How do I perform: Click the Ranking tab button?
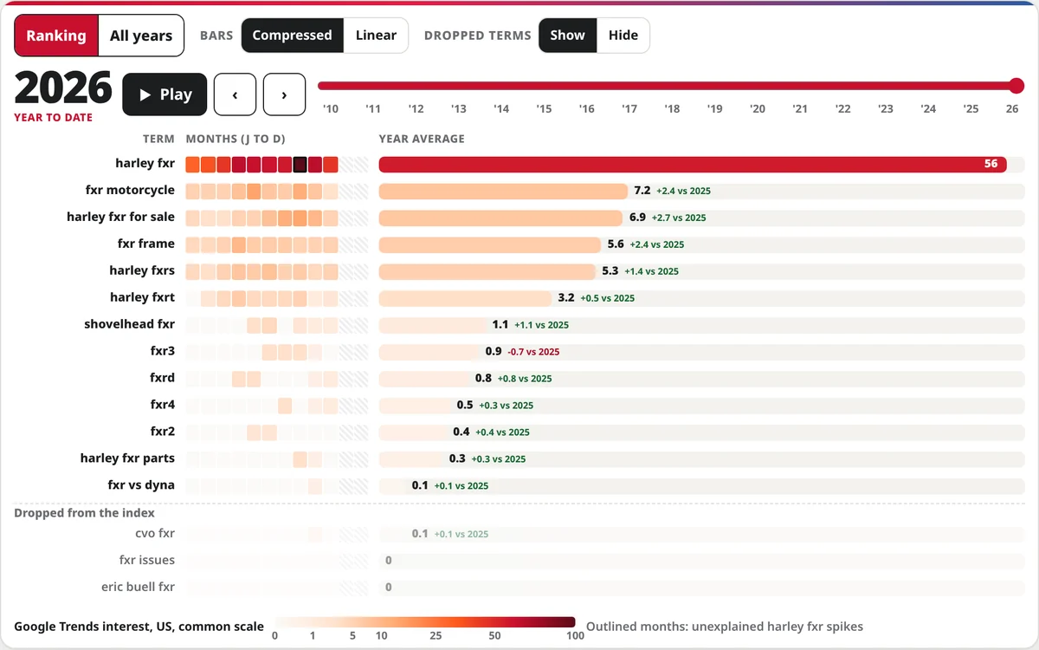click(x=56, y=36)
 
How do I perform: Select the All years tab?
click(x=141, y=36)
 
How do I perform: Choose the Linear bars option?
click(x=376, y=36)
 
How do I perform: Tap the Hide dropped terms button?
click(x=623, y=36)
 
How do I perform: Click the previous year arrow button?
click(x=235, y=94)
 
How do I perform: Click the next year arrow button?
click(x=284, y=94)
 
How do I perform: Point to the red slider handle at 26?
click(x=1016, y=86)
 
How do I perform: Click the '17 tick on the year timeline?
click(x=629, y=108)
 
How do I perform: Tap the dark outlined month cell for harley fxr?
click(x=300, y=165)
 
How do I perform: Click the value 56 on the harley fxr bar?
click(x=991, y=164)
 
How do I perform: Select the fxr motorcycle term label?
click(x=130, y=190)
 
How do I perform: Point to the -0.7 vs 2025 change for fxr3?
click(x=533, y=352)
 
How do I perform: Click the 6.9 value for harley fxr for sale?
click(x=637, y=217)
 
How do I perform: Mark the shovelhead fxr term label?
click(x=129, y=324)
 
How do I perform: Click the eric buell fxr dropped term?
click(x=138, y=587)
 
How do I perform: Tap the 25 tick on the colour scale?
click(x=435, y=635)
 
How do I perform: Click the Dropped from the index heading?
click(x=84, y=513)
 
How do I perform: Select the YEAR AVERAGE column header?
click(x=422, y=139)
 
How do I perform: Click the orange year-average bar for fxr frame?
click(x=489, y=244)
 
